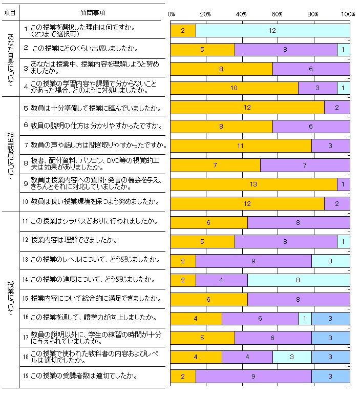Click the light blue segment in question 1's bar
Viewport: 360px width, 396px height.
tap(272, 31)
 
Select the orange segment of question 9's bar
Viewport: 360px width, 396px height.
tap(253, 184)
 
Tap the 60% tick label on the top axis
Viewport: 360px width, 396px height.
tap(277, 14)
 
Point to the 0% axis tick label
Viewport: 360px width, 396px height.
tap(171, 14)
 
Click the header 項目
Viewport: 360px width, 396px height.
tap(9, 12)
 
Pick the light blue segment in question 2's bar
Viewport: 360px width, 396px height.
tap(343, 50)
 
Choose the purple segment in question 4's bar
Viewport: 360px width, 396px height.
tap(317, 88)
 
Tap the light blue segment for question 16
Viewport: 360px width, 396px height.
tap(305, 319)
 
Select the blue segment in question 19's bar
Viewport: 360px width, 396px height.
tap(330, 376)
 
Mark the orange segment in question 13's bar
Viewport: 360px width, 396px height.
tap(183, 261)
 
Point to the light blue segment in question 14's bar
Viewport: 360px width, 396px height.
tap(299, 280)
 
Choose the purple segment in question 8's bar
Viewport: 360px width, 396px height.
tap(305, 165)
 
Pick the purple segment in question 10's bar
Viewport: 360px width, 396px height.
tap(337, 203)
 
